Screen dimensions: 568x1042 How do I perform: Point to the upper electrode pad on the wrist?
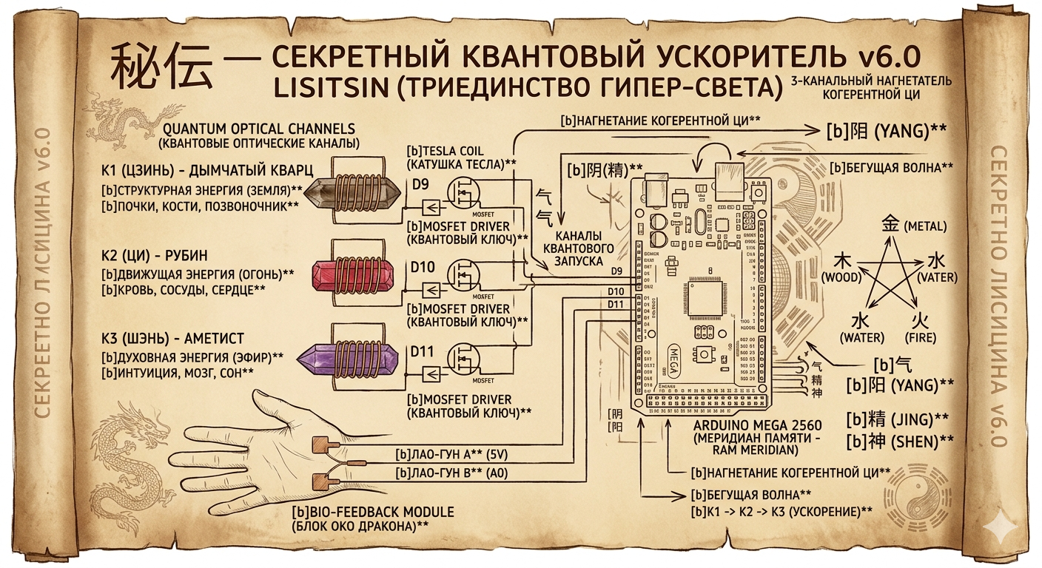point(324,445)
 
